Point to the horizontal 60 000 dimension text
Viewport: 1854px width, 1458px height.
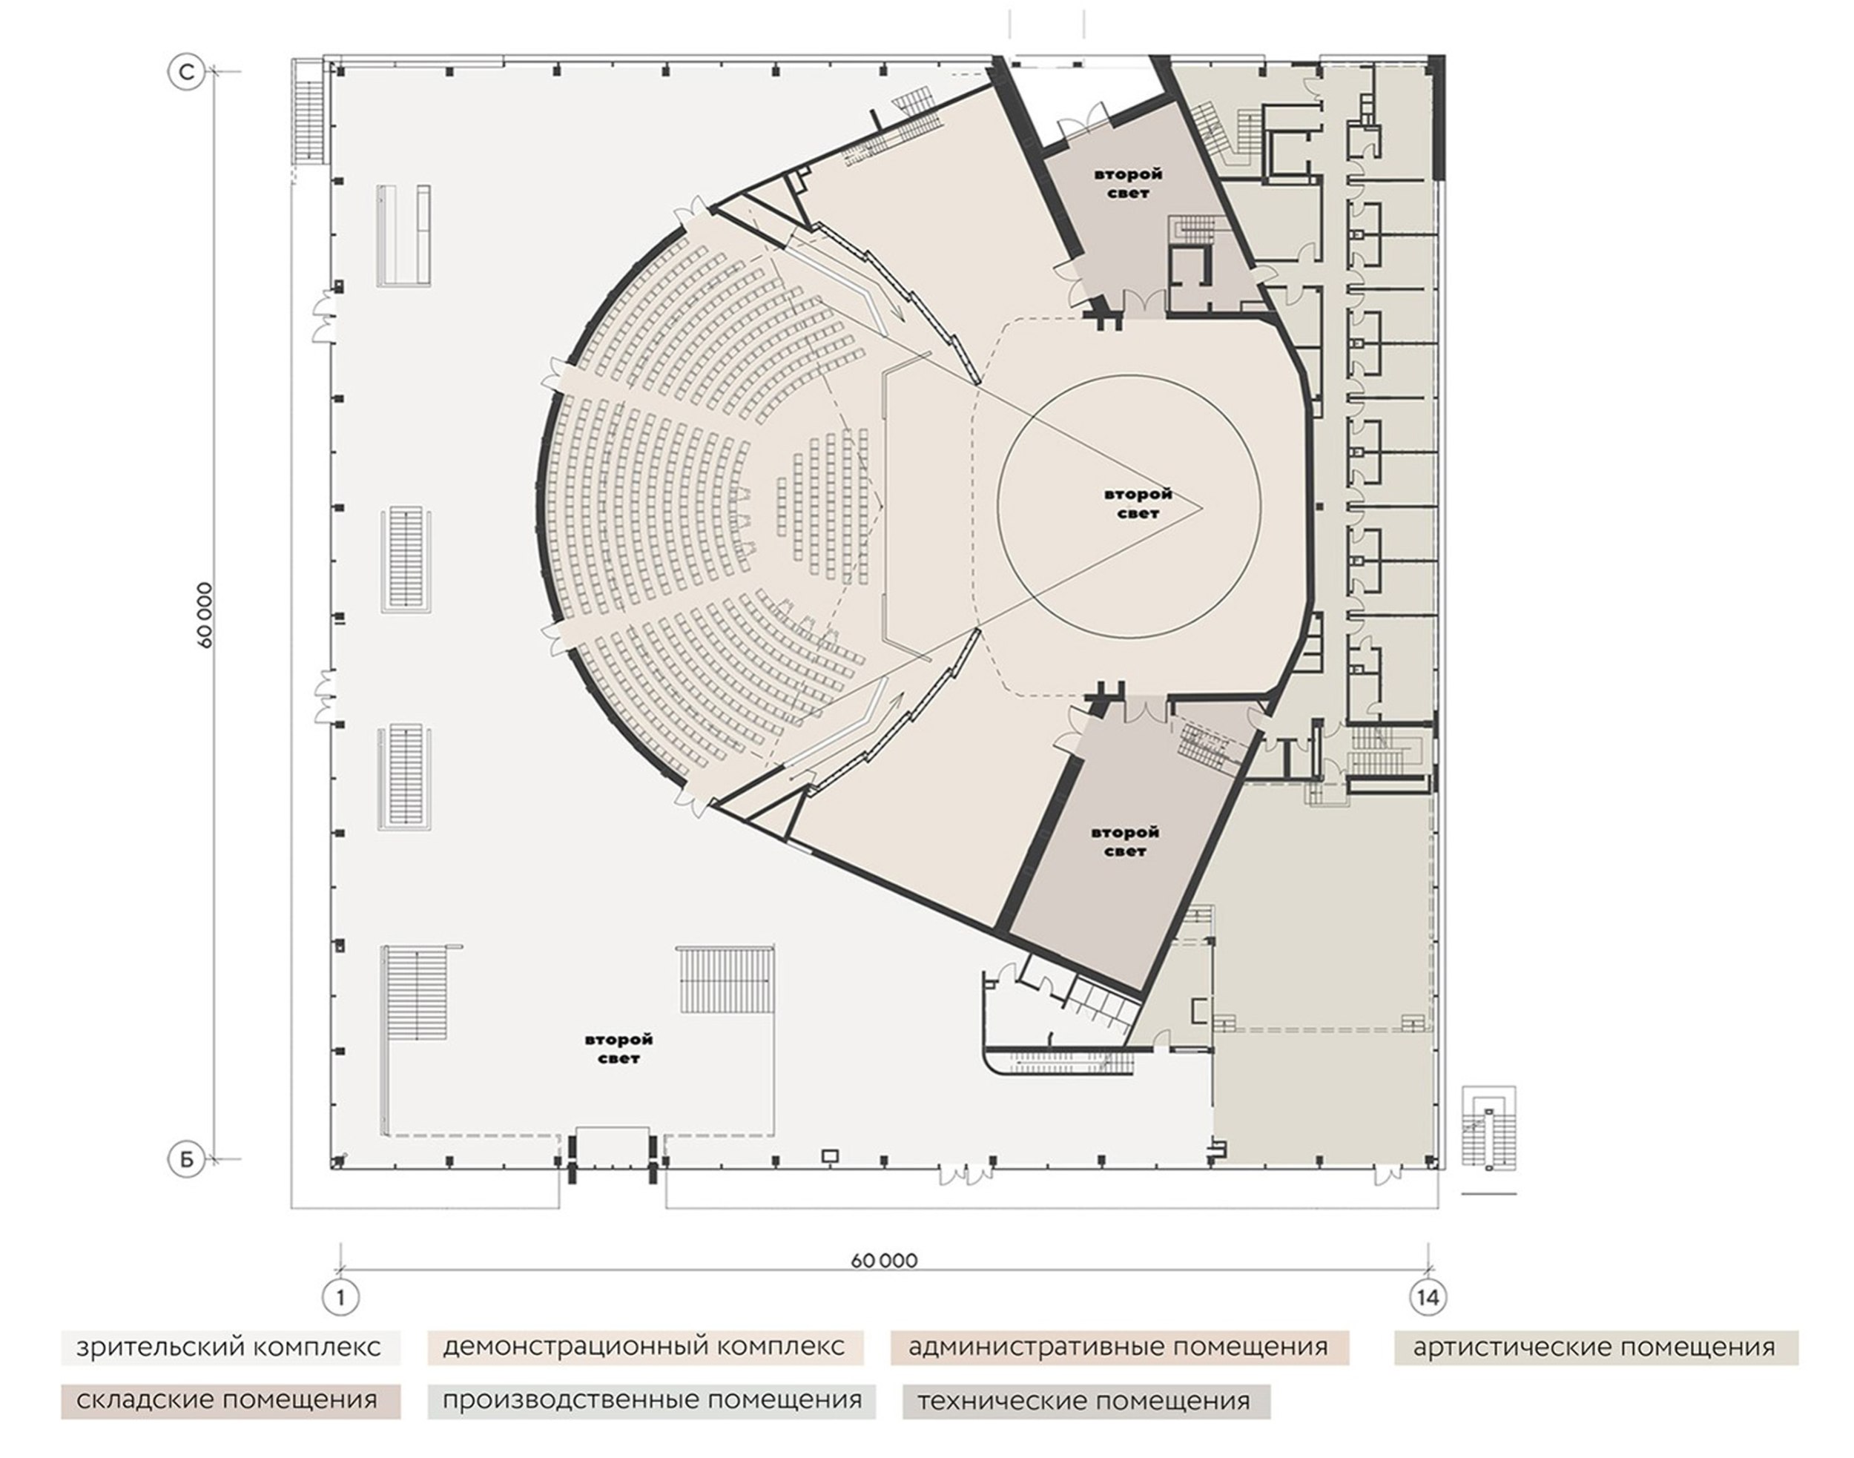(883, 1261)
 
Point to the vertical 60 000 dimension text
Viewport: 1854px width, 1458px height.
(205, 615)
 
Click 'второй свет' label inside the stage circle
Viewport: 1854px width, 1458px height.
(1138, 504)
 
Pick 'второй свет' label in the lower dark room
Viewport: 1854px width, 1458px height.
(1125, 842)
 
